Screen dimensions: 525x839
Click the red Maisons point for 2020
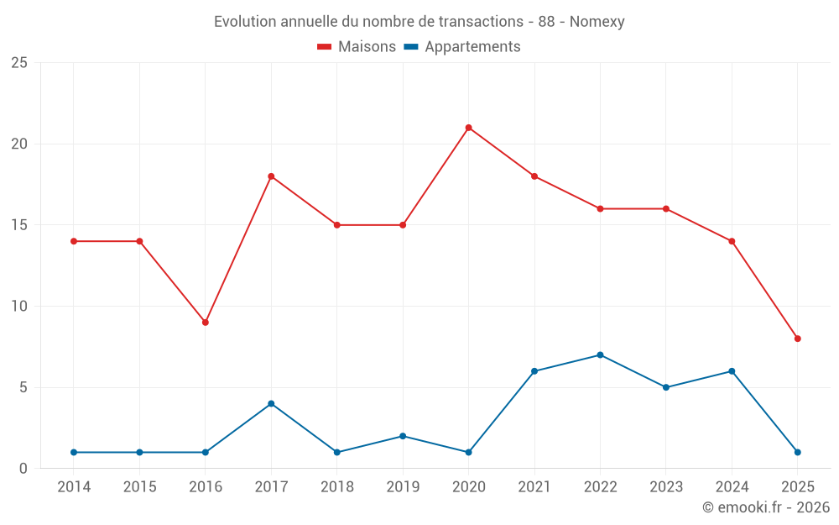pyautogui.click(x=468, y=128)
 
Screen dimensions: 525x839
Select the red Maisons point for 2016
pyautogui.click(x=205, y=323)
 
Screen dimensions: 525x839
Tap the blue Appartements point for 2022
pyautogui.click(x=600, y=354)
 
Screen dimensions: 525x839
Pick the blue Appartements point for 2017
pyautogui.click(x=271, y=403)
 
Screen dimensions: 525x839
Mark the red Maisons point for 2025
pyautogui.click(x=798, y=339)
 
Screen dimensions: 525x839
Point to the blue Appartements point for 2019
pyautogui.click(x=403, y=436)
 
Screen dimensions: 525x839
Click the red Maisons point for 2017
pyautogui.click(x=271, y=176)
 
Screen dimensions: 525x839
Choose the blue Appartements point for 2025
pyautogui.click(x=798, y=452)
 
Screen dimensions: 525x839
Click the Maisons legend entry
pyautogui.click(x=357, y=47)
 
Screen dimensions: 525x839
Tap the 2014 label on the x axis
pyautogui.click(x=74, y=487)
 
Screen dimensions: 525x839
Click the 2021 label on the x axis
pyautogui.click(x=534, y=487)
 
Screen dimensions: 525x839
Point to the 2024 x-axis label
pyautogui.click(x=732, y=487)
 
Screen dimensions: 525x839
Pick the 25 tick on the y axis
pyautogui.click(x=19, y=63)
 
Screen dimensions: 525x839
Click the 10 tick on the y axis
pyautogui.click(x=19, y=307)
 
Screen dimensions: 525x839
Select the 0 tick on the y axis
pyautogui.click(x=23, y=469)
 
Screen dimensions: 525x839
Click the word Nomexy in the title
pyautogui.click(x=597, y=22)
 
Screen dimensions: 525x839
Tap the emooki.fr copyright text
pyautogui.click(x=766, y=507)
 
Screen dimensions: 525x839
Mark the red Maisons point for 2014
pyautogui.click(x=74, y=241)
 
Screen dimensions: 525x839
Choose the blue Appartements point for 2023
pyautogui.click(x=666, y=387)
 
